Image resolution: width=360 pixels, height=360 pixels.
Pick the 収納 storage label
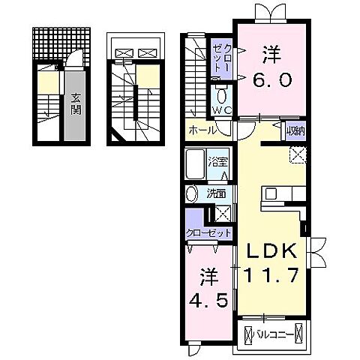point(295,131)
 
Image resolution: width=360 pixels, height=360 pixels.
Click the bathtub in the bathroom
point(195,164)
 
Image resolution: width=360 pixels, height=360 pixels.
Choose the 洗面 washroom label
point(215,193)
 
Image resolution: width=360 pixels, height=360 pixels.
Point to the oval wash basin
point(192,192)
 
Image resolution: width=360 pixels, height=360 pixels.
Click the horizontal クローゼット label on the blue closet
point(209,232)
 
